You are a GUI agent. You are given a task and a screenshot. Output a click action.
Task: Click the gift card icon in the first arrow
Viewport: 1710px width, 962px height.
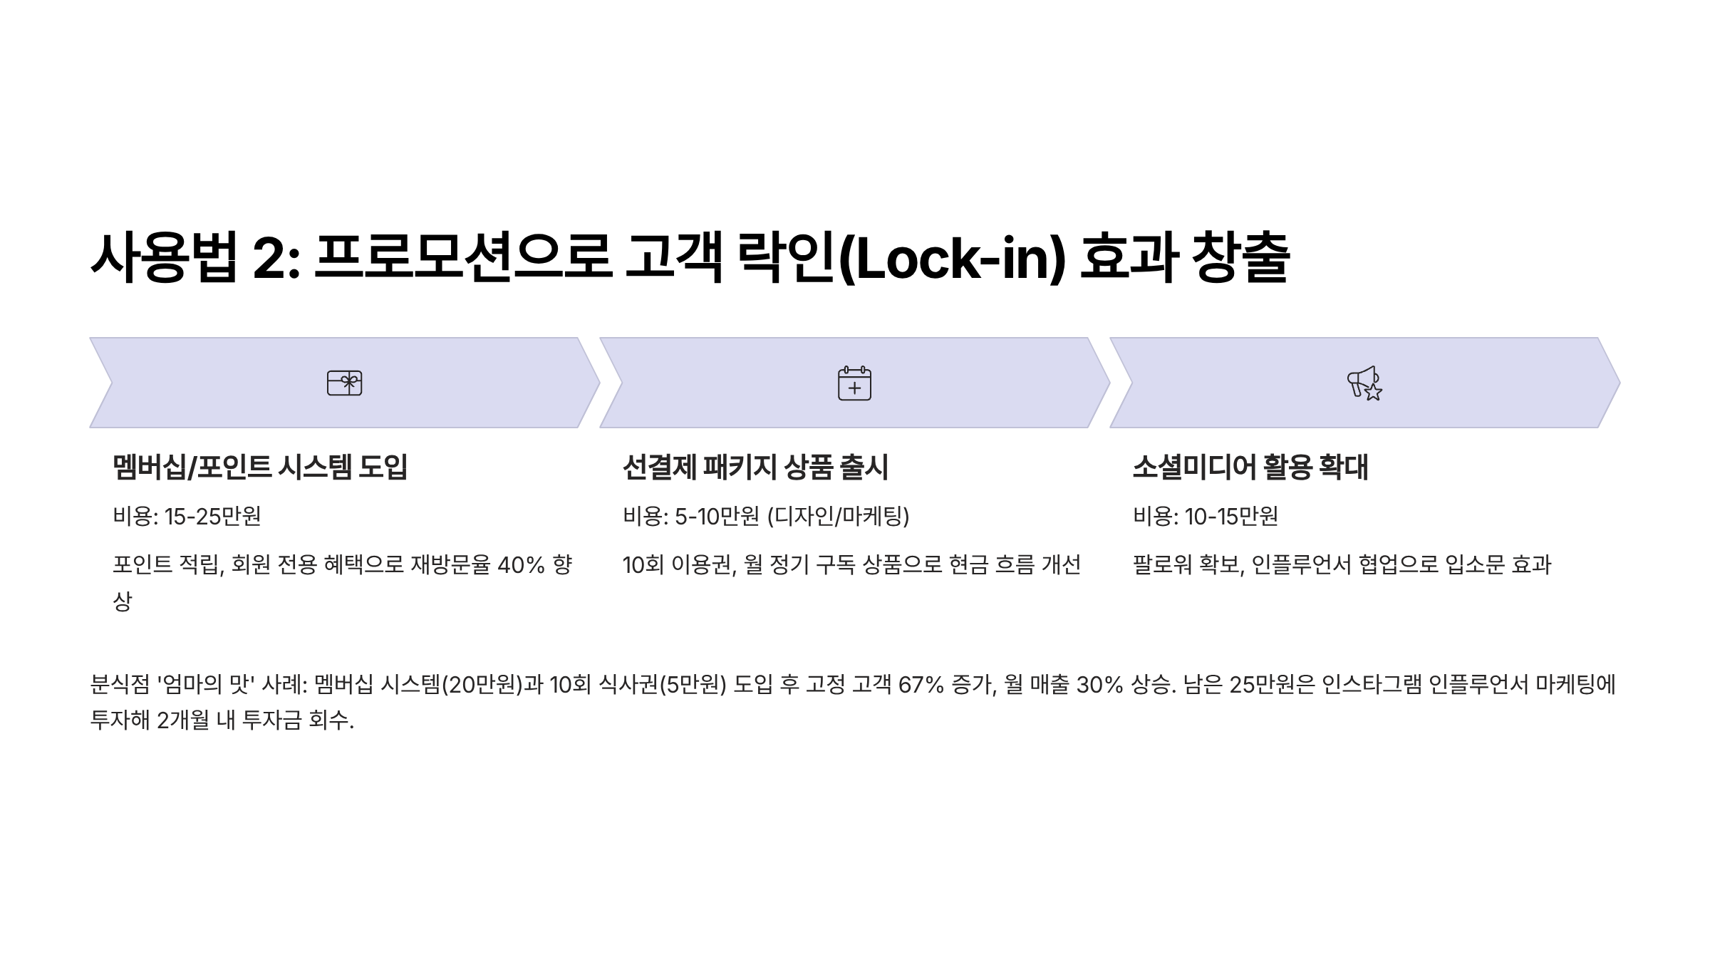coord(344,383)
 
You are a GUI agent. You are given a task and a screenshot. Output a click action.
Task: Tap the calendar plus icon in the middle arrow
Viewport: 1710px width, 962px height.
coord(854,383)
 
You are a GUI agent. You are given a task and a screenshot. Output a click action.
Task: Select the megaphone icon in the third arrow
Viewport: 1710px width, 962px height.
coord(1364,383)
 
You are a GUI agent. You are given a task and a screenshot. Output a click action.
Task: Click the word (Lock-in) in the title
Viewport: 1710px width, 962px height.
coord(952,258)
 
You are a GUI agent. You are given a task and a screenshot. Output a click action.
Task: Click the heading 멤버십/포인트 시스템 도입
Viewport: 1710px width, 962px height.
coord(260,467)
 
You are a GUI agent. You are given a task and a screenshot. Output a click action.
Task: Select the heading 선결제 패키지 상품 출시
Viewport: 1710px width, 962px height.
coord(755,467)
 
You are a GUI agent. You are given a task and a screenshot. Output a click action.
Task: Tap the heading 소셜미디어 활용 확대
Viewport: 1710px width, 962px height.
coord(1250,467)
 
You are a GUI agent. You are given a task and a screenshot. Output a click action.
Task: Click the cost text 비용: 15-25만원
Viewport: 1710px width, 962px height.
coord(187,516)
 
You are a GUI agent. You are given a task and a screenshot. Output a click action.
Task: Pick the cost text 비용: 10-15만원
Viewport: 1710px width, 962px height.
coord(1206,516)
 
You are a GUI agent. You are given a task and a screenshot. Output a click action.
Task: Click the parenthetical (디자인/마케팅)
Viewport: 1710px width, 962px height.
coord(839,516)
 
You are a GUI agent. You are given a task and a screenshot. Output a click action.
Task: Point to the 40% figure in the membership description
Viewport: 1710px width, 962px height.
coord(521,565)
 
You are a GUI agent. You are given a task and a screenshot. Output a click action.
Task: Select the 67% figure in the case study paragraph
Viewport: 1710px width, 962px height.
coord(921,685)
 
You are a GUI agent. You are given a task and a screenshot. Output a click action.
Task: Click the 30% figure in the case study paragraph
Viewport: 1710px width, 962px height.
coord(1099,685)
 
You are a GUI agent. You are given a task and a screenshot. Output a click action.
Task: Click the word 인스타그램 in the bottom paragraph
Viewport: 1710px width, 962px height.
coord(1372,685)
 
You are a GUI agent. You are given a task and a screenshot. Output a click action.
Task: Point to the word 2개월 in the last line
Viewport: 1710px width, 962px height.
coord(183,720)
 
